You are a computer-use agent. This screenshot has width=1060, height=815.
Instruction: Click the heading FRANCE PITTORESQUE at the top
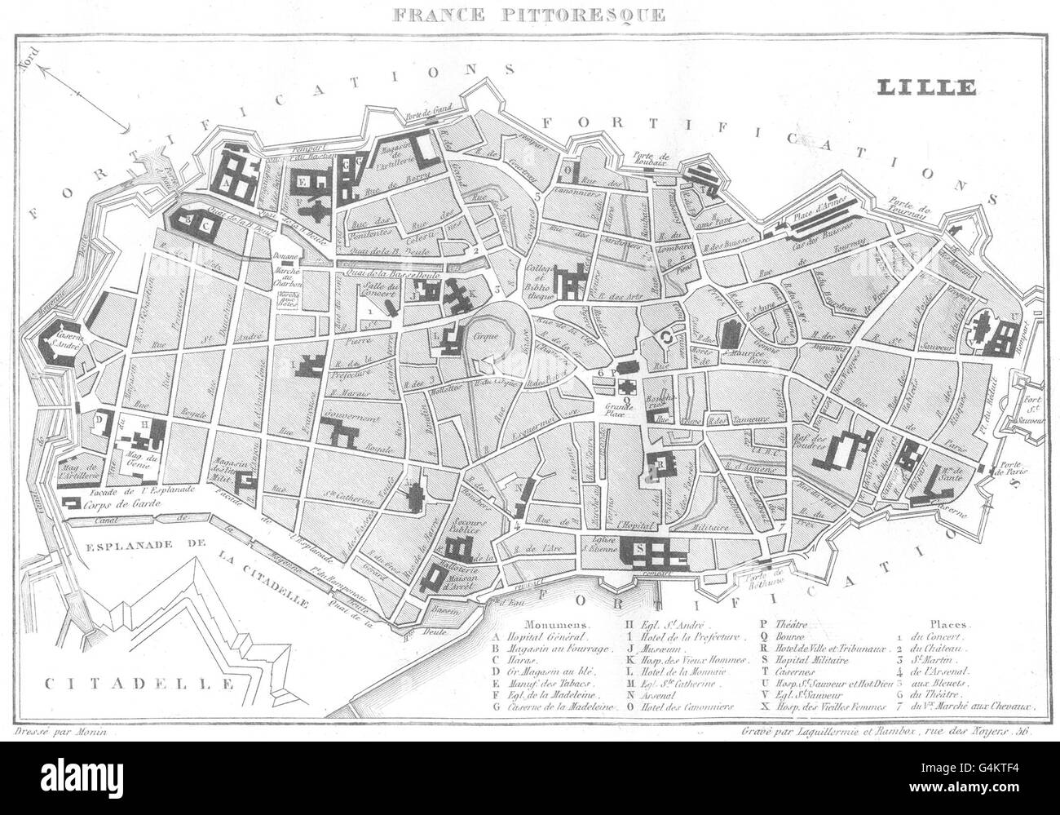(529, 15)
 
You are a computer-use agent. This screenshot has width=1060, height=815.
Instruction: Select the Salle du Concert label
(372, 286)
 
